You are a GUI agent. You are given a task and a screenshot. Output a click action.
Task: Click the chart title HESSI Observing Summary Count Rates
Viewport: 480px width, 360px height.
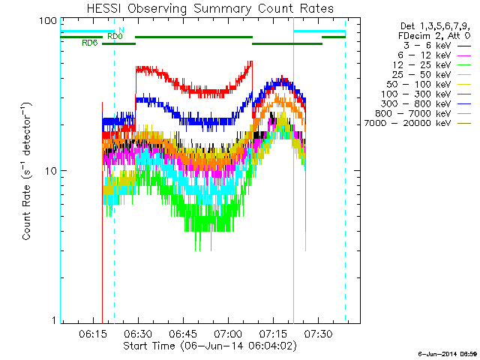point(210,8)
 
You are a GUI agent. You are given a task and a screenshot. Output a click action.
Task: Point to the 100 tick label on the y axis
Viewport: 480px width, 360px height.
point(48,21)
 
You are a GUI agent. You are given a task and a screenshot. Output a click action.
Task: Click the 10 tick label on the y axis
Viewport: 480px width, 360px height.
point(51,171)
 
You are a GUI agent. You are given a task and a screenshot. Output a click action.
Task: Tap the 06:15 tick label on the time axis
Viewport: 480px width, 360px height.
point(93,334)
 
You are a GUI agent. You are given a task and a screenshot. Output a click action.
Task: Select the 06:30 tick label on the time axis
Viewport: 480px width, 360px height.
point(138,334)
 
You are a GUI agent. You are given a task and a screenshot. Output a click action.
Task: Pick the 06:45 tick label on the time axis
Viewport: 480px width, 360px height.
point(183,334)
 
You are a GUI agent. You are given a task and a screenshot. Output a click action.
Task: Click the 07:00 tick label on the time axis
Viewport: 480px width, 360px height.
point(228,334)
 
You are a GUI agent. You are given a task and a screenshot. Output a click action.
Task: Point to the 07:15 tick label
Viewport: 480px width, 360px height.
point(273,334)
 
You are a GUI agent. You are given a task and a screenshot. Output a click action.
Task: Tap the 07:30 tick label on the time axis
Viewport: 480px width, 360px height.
point(318,334)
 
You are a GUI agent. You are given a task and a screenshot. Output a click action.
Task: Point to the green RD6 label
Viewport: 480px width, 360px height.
point(90,43)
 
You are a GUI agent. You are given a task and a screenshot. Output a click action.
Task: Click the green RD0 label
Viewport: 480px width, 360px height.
point(115,37)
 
